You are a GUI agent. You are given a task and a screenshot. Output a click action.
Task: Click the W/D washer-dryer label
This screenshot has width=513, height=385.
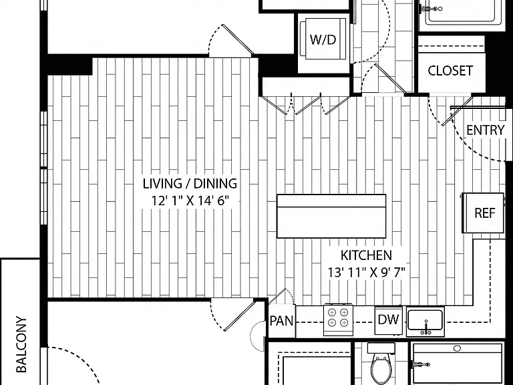point(323,40)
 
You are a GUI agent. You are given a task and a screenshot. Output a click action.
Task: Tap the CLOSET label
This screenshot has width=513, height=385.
point(450,71)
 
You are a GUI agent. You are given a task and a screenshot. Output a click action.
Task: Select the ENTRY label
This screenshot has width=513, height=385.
point(485,130)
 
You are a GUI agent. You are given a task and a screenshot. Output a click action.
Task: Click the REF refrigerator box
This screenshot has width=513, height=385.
point(483,213)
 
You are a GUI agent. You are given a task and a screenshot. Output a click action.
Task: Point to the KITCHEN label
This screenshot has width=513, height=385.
point(366,255)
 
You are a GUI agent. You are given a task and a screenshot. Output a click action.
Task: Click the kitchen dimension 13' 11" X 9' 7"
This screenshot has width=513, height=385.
point(367,272)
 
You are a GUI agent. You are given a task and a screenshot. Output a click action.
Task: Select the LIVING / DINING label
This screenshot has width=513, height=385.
point(190,184)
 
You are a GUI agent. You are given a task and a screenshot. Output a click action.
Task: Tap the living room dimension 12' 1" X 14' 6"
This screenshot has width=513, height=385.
point(190,201)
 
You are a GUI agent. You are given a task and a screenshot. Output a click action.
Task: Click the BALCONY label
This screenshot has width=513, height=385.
point(21,344)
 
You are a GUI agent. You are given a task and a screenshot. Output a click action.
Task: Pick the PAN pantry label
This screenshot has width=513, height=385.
point(282,321)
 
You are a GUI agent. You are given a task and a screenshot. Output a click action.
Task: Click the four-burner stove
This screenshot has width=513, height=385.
point(338,320)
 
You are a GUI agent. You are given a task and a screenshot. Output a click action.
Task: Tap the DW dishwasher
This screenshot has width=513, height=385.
point(388,320)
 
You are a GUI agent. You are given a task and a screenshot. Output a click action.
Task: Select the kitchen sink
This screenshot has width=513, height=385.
point(425,322)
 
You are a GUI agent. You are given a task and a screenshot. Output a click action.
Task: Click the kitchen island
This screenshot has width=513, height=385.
point(331,216)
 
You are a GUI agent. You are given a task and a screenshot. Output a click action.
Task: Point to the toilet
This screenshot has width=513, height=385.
point(381,363)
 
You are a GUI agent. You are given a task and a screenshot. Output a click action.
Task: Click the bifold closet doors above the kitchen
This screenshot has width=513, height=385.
point(305,104)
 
